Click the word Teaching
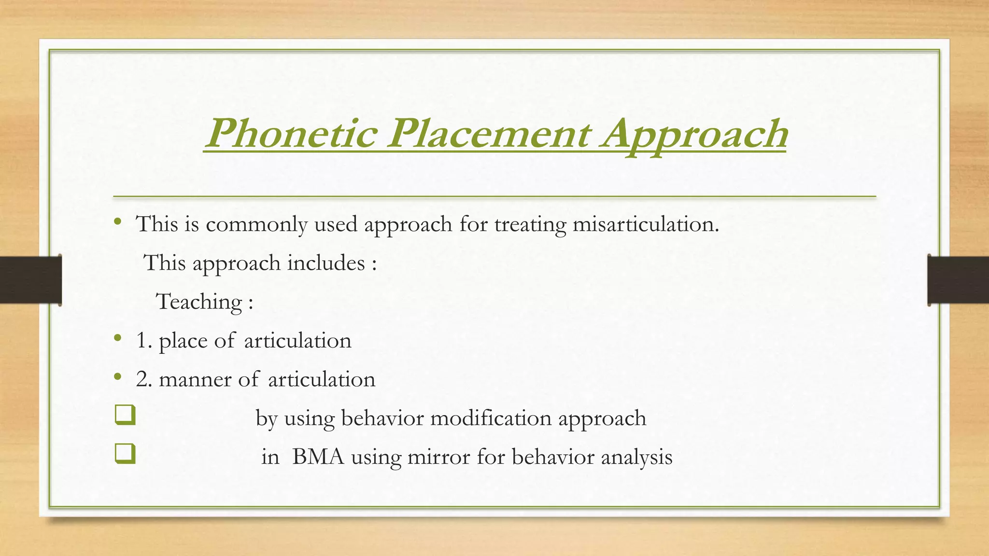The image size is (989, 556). click(x=199, y=303)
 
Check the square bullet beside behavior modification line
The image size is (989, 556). click(x=125, y=416)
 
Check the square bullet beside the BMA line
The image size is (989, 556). click(x=125, y=454)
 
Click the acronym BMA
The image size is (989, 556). click(x=318, y=457)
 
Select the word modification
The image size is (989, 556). click(x=491, y=418)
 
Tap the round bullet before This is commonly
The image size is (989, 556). click(x=117, y=222)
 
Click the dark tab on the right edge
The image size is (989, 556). click(x=958, y=280)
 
